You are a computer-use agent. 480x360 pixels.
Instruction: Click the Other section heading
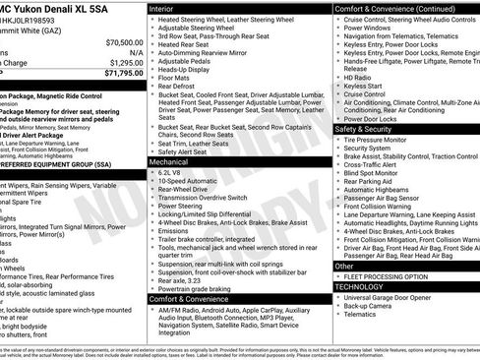pyautogui.click(x=344, y=266)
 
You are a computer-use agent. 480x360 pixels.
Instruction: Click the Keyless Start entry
pyautogui.click(x=363, y=87)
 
